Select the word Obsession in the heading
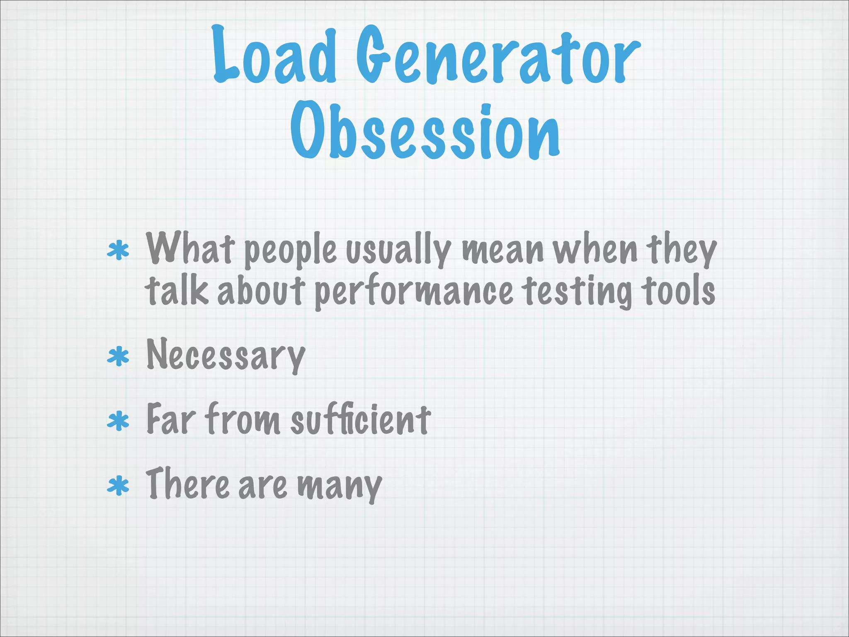point(425,131)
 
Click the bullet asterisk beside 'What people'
point(118,250)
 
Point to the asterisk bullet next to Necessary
point(118,357)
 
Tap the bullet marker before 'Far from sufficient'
point(118,421)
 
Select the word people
point(290,251)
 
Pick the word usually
point(398,250)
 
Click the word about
point(261,290)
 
